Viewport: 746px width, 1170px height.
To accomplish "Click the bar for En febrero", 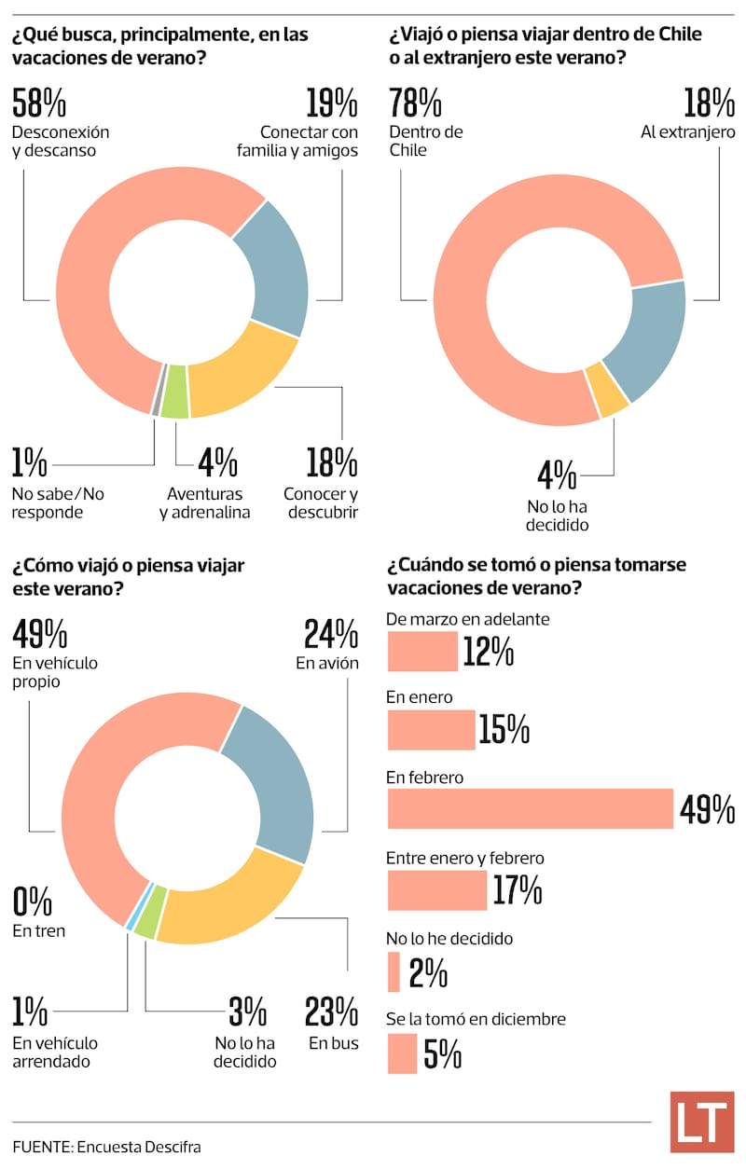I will (x=530, y=808).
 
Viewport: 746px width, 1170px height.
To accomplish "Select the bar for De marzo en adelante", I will (x=422, y=651).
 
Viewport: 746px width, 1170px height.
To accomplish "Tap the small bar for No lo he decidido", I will (x=394, y=971).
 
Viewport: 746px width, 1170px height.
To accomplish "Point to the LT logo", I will (x=701, y=1122).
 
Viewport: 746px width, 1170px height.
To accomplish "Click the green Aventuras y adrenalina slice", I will (x=173, y=402).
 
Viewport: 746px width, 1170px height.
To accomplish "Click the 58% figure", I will (x=38, y=103).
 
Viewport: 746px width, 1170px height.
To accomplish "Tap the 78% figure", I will (x=415, y=103).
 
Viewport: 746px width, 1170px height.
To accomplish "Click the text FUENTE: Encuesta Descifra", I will (x=106, y=1147).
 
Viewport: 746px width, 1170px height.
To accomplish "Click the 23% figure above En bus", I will (x=332, y=1012).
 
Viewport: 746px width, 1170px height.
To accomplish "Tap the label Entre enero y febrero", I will (x=465, y=858).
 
